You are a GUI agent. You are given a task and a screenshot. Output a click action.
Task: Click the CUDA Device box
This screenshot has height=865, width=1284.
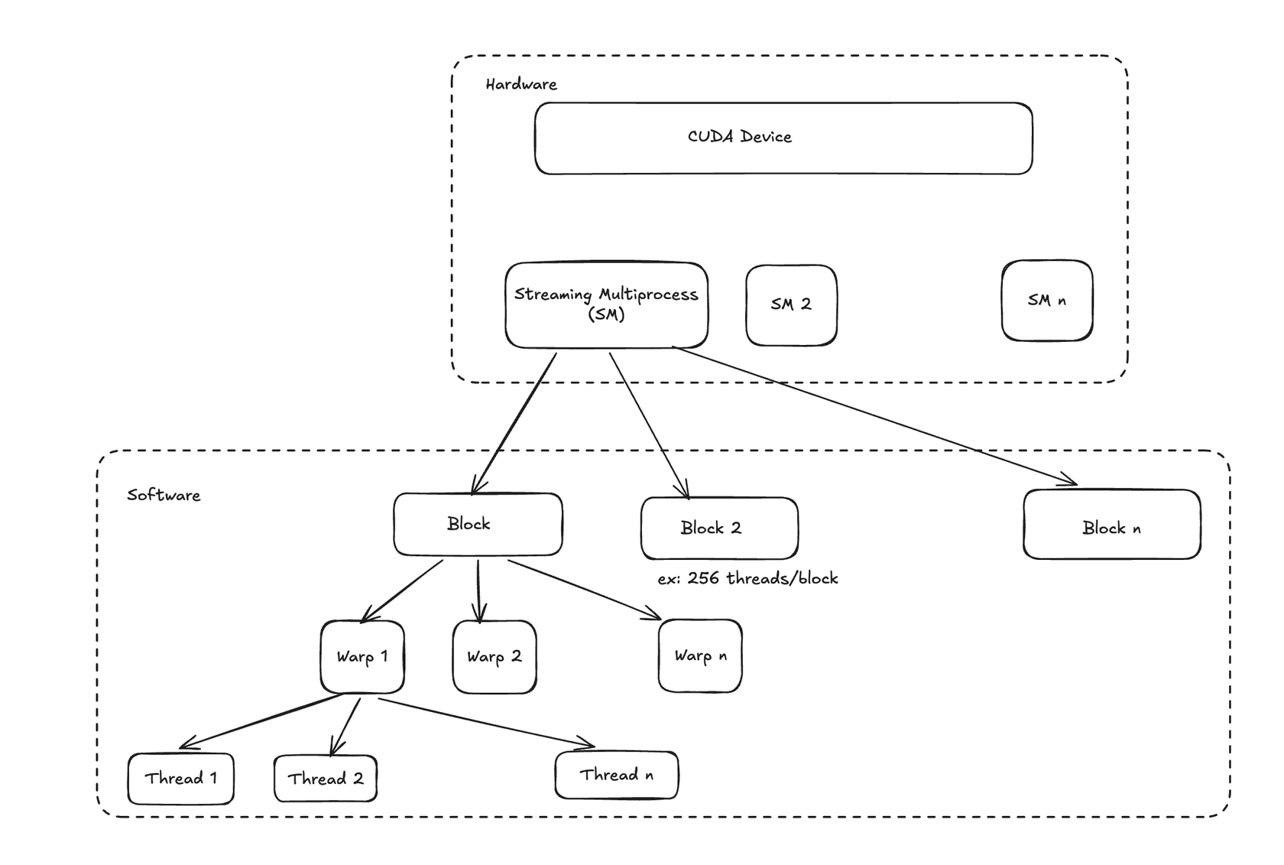783,138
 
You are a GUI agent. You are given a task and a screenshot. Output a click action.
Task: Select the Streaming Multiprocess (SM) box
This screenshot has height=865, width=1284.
606,305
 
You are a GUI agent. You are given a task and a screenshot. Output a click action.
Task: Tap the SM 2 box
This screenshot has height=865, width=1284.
791,304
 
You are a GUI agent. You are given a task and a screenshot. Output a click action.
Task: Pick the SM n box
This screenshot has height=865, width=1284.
1046,300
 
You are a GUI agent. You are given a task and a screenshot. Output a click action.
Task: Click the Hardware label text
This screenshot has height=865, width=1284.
521,84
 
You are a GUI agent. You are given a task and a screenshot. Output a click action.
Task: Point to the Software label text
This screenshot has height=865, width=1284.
164,495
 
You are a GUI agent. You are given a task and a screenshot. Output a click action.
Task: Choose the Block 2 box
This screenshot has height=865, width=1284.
719,528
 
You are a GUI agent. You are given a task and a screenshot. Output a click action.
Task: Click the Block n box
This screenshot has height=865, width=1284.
1111,525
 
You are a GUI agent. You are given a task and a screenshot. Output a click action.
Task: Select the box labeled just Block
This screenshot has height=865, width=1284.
478,524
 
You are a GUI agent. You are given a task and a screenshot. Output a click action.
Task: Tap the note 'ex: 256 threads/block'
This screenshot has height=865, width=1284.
747,578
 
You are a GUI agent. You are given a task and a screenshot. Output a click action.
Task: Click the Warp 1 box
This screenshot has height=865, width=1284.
362,656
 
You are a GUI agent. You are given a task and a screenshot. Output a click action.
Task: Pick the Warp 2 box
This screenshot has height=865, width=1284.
494,656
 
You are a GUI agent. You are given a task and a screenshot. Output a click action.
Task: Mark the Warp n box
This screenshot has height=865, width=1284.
699,655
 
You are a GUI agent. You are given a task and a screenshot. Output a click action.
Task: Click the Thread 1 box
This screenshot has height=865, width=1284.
180,779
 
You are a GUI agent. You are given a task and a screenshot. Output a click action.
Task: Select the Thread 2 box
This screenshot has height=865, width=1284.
325,779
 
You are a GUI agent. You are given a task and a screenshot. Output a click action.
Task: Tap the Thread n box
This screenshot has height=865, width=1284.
616,775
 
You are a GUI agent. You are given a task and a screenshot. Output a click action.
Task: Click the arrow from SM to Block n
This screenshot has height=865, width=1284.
875,415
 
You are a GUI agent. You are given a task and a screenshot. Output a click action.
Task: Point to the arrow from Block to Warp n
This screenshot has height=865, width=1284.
585,590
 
